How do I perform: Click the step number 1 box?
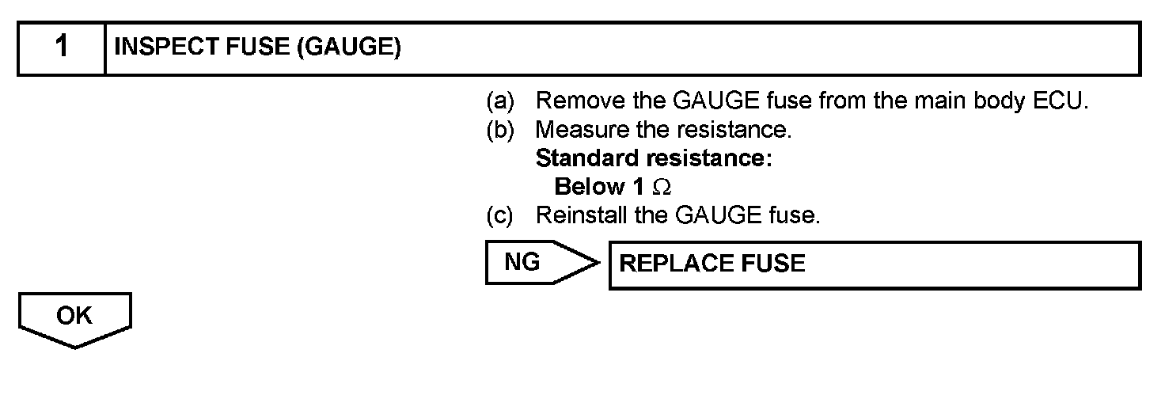[x=62, y=48]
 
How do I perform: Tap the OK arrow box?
[x=74, y=318]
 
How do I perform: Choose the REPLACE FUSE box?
[x=874, y=264]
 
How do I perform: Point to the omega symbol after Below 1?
[x=662, y=188]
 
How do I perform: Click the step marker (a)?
[x=499, y=101]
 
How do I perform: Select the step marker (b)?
[x=499, y=130]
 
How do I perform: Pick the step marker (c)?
[x=499, y=215]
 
